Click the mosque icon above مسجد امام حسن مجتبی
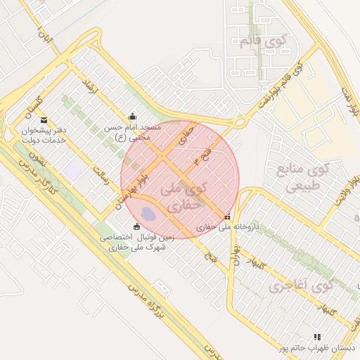pos(132,117)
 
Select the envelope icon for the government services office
pos(44,120)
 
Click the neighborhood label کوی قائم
pos(256,42)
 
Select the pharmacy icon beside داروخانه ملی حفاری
pos(226,217)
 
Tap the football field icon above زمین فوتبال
pos(136,226)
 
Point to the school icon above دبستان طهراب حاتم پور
pos(317,337)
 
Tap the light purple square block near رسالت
pos(72,169)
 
